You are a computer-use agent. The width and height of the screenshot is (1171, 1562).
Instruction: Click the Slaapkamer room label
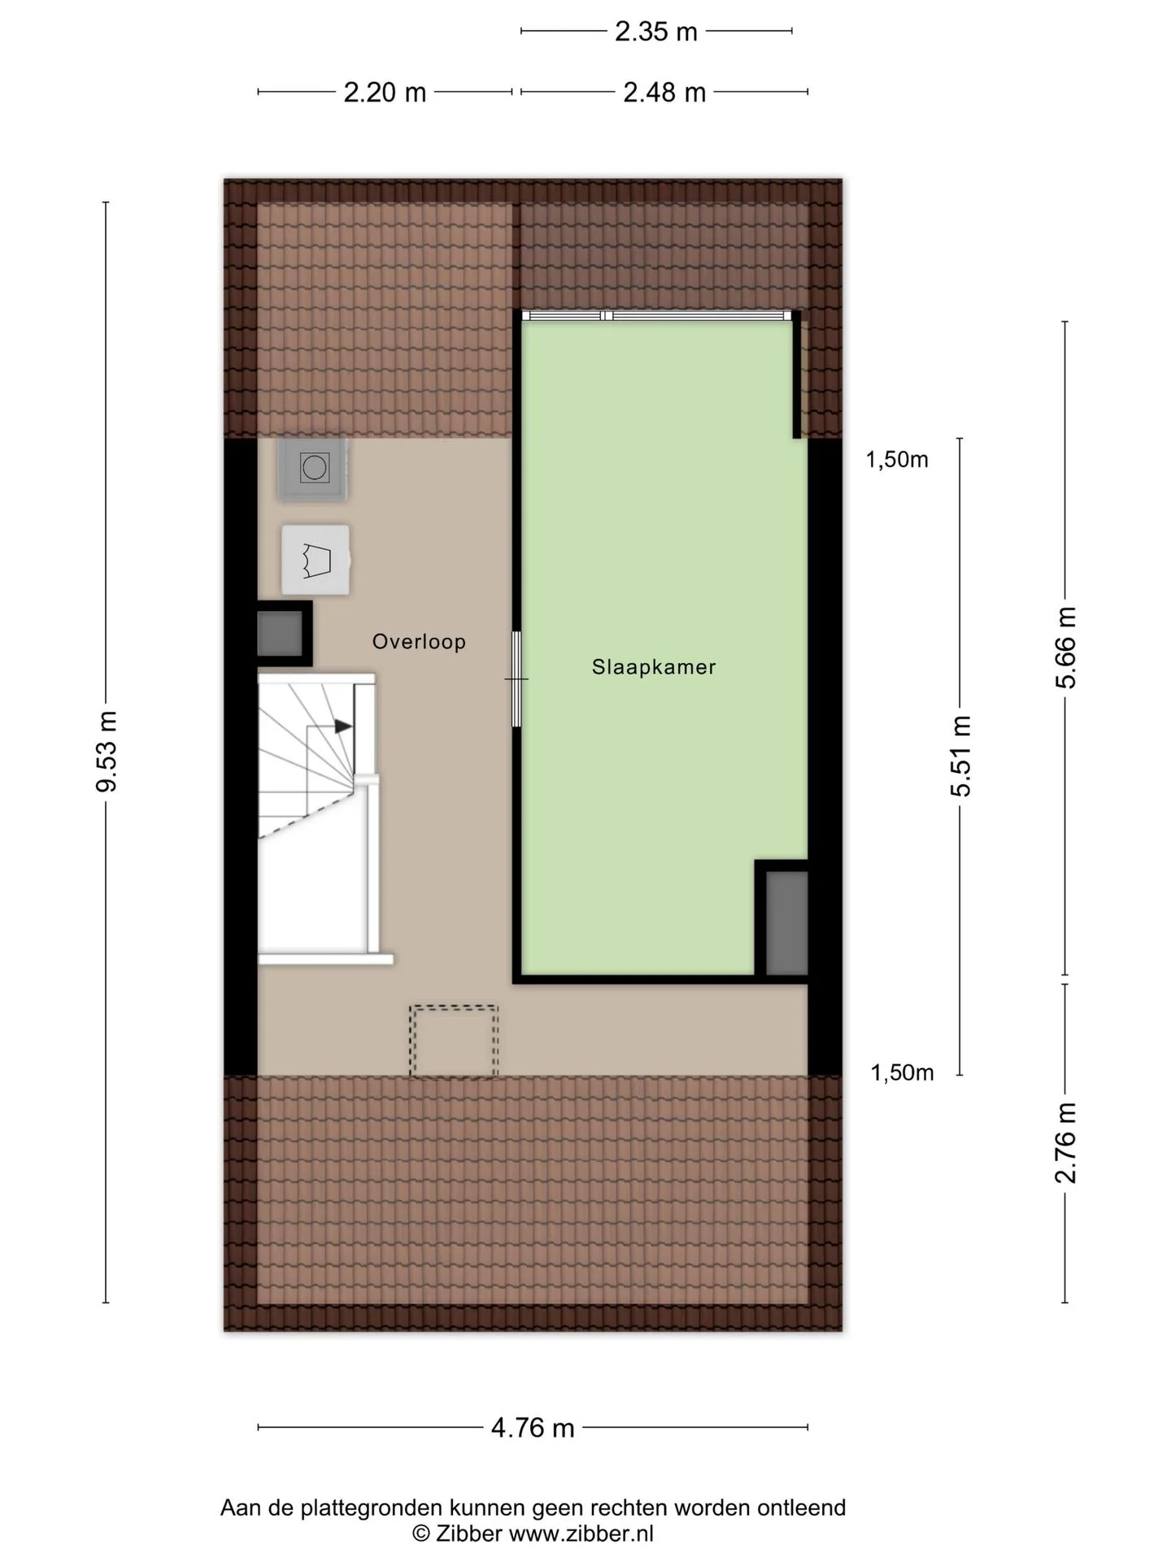[654, 667]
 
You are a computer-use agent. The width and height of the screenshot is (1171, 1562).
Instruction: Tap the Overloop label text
[419, 642]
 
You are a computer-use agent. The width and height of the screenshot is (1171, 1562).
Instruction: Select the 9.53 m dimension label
[107, 751]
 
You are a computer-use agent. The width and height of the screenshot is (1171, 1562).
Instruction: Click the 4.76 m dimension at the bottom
[533, 1427]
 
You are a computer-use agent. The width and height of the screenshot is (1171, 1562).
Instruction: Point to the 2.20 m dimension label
[385, 93]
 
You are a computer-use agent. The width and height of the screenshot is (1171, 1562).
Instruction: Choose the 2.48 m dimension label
[664, 93]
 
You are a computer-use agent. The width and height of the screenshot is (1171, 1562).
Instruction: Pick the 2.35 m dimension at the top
[656, 32]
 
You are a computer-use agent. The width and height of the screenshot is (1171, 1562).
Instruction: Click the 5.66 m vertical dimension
[1065, 648]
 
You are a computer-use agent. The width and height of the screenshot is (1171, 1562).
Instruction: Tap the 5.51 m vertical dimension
[961, 756]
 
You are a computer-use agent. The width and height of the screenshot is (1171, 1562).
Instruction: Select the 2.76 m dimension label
[1065, 1143]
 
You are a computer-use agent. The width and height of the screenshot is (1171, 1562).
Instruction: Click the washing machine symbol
[313, 468]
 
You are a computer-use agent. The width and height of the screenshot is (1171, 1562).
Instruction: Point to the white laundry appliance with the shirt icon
[316, 561]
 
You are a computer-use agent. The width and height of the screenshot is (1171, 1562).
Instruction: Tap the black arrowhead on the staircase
[344, 726]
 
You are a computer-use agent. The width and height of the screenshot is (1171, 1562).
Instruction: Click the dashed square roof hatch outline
[454, 1042]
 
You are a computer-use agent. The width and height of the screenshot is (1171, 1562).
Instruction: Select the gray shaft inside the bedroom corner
[786, 923]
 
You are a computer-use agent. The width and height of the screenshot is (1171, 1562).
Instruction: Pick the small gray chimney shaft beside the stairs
[280, 634]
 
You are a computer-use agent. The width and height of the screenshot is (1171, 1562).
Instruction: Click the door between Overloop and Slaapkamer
[516, 679]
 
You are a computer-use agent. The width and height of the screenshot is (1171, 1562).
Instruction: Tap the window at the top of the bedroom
[656, 316]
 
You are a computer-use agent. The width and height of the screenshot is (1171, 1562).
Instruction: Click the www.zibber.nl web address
[581, 1534]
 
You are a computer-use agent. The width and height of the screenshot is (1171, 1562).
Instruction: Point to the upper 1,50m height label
[897, 460]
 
